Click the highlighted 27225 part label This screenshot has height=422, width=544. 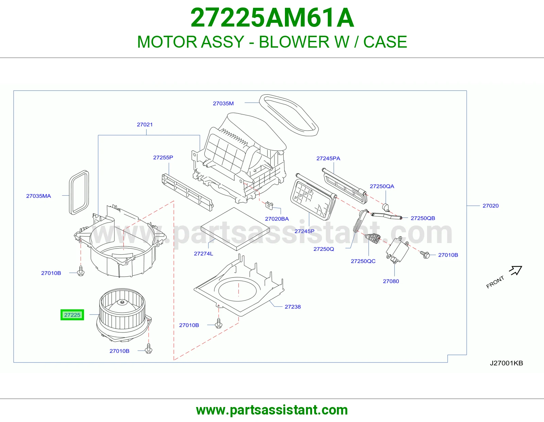tap(72, 315)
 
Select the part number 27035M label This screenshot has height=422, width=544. tap(223, 103)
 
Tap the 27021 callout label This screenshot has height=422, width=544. tap(145, 125)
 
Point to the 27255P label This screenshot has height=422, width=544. tap(163, 157)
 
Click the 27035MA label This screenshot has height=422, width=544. tap(38, 196)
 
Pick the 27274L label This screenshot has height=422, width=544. tap(203, 254)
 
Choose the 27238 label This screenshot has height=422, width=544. tap(293, 307)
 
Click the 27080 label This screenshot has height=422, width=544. tap(391, 281)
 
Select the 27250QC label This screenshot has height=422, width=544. tap(363, 261)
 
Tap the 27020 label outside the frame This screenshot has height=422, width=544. tap(490, 206)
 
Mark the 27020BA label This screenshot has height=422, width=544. tap(277, 219)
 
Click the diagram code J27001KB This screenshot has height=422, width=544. tap(506, 363)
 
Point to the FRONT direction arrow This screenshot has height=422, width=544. tap(516, 270)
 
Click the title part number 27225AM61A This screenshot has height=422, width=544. tap(272, 18)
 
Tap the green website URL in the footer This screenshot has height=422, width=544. tap(272, 410)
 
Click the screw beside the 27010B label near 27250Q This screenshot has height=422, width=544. tap(425, 255)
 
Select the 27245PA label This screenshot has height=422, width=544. tap(328, 158)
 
